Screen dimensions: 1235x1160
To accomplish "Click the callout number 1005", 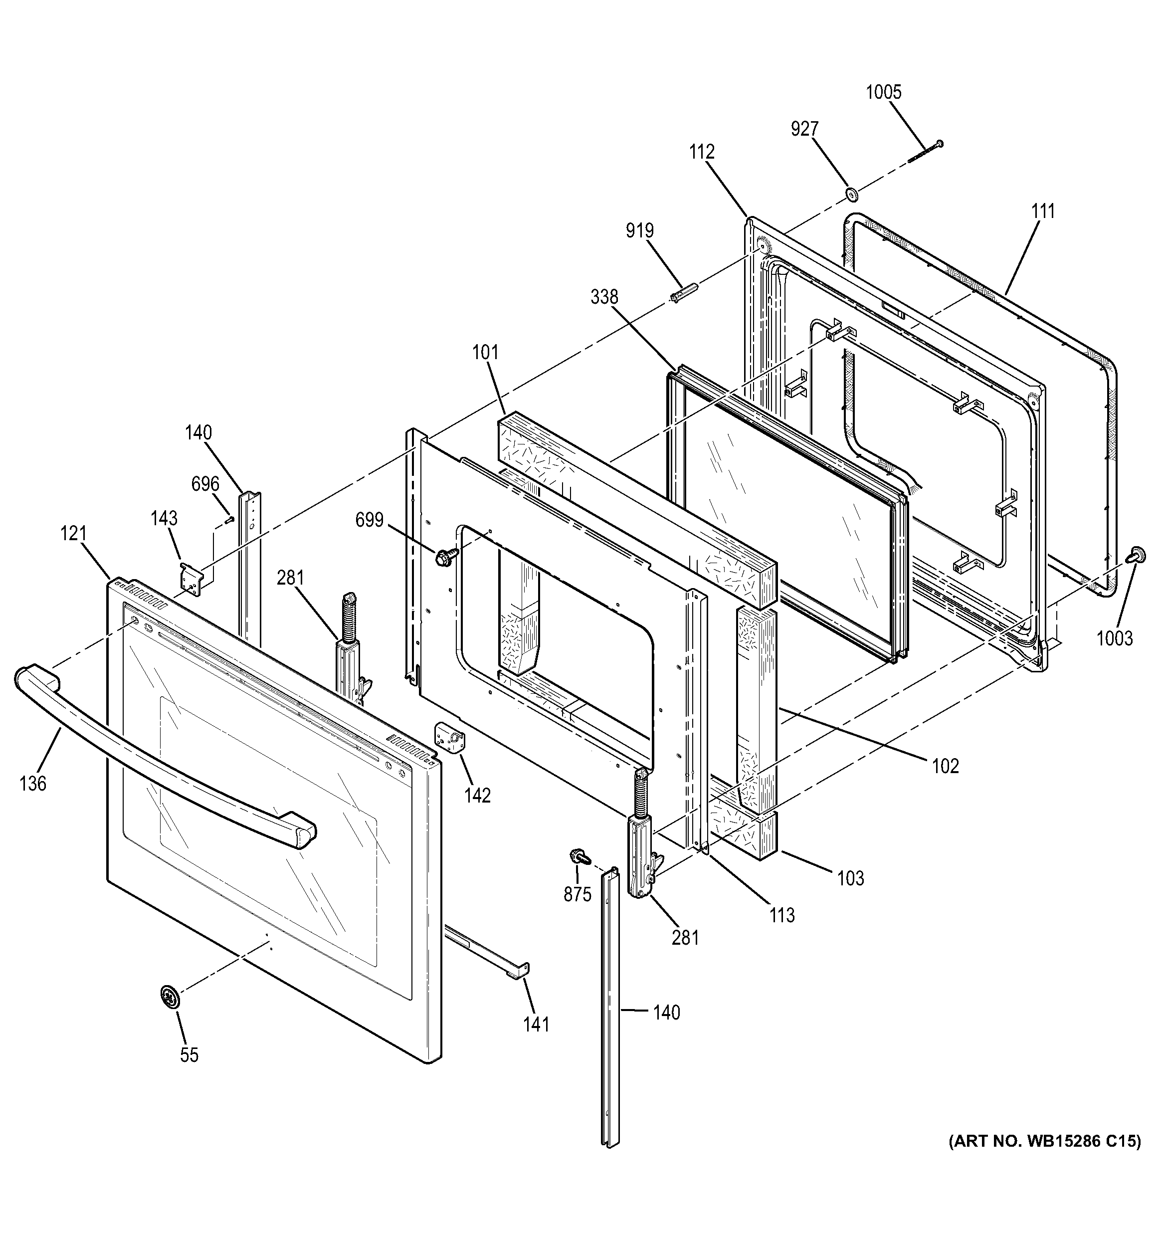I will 883,92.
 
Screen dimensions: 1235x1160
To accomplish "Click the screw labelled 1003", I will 1136,555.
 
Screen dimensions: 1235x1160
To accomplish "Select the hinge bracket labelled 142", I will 452,738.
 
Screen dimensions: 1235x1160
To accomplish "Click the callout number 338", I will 604,297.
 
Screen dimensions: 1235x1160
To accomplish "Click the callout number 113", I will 782,915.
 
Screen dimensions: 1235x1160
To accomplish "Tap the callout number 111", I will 1043,211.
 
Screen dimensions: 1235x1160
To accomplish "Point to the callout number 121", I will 73,533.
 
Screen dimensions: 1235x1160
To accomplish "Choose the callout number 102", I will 945,766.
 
